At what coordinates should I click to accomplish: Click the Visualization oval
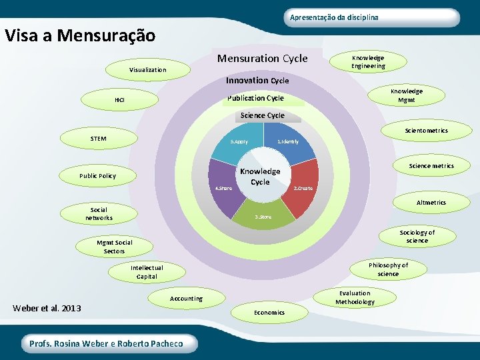tap(147, 69)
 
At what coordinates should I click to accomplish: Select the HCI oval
tap(119, 100)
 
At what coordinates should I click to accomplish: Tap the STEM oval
tap(98, 139)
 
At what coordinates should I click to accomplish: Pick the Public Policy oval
tap(97, 176)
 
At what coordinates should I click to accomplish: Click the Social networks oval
tap(99, 213)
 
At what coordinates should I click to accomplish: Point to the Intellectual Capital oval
tap(147, 272)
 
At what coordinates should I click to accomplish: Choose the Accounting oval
tap(186, 298)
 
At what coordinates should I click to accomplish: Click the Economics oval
tap(269, 312)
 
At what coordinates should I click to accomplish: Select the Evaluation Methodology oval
tap(355, 297)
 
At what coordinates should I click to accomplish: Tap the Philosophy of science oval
tap(388, 269)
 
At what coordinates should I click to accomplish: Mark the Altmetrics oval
tap(431, 203)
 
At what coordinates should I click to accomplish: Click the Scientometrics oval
tap(426, 131)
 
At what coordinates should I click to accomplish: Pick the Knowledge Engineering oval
tap(369, 62)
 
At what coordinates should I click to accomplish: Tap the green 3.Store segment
tap(263, 212)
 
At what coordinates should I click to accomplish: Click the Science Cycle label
tap(262, 115)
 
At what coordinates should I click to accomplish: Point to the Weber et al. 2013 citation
tap(47, 308)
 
